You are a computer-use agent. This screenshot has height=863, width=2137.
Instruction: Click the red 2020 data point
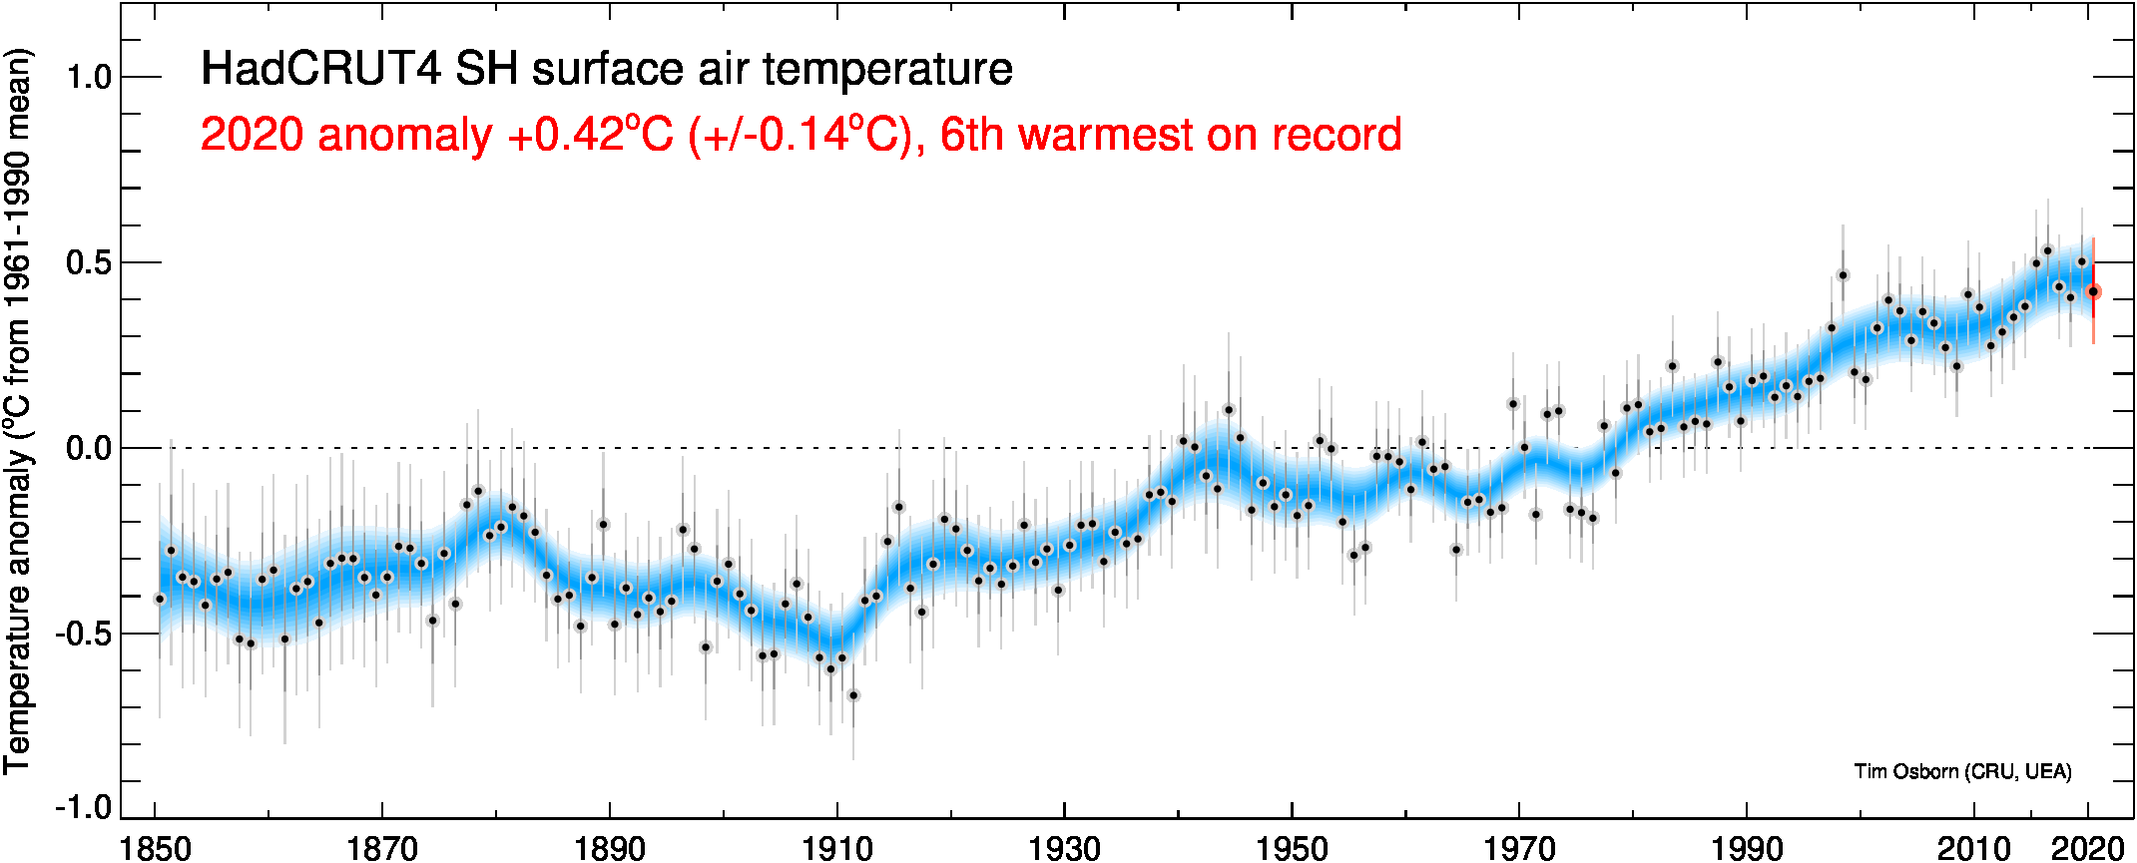[x=2093, y=291]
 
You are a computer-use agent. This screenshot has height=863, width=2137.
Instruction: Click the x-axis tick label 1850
[x=155, y=848]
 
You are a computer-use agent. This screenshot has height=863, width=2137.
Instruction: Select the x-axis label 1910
[x=836, y=848]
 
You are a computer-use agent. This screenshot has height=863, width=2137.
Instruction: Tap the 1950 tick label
[x=1292, y=848]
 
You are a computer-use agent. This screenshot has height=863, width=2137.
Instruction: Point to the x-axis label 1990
[x=1747, y=848]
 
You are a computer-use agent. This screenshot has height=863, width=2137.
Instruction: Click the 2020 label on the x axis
[x=2087, y=848]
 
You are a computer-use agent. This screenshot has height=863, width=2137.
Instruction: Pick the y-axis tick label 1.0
[x=89, y=77]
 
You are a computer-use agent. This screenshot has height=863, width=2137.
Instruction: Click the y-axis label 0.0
[x=89, y=448]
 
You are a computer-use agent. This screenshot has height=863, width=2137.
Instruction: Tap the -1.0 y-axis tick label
[x=83, y=806]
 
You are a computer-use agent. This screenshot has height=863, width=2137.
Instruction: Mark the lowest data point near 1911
[x=852, y=695]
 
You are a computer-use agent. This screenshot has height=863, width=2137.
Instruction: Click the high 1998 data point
[x=1843, y=275]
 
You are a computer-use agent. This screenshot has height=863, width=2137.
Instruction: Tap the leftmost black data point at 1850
[x=160, y=599]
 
